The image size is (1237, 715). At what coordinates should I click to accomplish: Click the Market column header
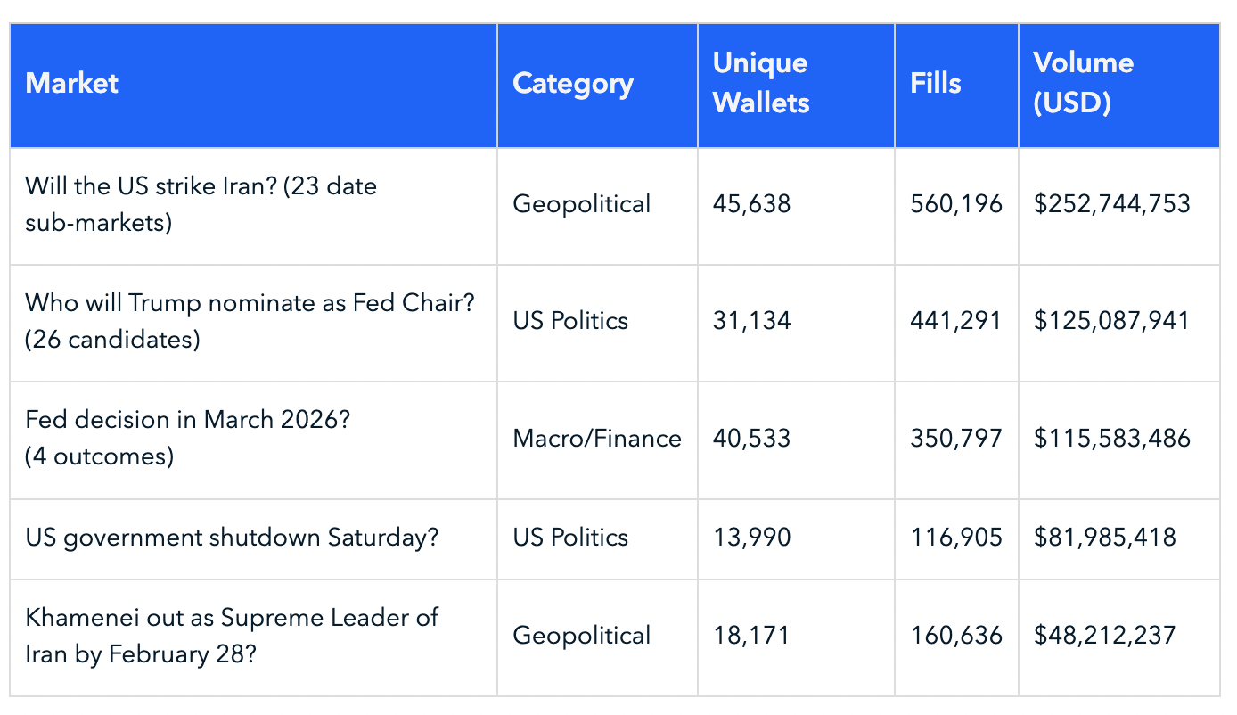coord(72,84)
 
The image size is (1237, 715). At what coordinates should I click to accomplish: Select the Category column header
coord(573,84)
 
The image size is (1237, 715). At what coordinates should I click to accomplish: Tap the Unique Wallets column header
coord(761,83)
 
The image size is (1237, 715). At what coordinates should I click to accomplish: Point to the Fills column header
coord(936,84)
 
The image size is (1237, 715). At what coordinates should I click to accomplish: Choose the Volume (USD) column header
coord(1083,83)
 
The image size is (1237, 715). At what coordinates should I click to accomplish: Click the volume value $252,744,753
coord(1111,204)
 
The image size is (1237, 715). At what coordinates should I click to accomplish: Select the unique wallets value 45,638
coord(751,204)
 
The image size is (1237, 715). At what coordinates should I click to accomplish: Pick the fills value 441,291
coord(956,321)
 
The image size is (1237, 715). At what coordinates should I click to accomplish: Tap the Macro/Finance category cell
coord(597,439)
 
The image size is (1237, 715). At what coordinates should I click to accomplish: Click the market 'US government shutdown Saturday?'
coord(232,538)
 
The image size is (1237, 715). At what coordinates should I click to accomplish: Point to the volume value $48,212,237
coord(1104,636)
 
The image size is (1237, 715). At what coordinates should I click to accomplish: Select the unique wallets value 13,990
coord(751,538)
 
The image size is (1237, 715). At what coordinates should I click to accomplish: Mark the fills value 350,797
coord(956,439)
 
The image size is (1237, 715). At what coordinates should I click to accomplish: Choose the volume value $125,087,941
coord(1111,321)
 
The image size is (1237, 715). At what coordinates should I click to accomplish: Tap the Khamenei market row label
coord(232,636)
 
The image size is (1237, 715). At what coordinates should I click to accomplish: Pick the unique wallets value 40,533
coord(751,439)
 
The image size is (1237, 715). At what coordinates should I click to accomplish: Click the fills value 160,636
coord(956,636)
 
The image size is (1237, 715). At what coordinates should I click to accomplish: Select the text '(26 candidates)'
coord(112,340)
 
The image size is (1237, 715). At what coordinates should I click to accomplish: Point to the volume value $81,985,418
coord(1104,538)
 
